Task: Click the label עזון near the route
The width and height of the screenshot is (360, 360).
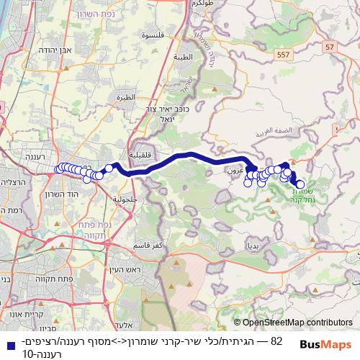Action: pyautogui.click(x=235, y=171)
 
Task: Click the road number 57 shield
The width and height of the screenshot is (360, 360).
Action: pyautogui.click(x=330, y=46)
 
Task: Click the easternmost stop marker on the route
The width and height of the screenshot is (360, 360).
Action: pyautogui.click(x=300, y=184)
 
